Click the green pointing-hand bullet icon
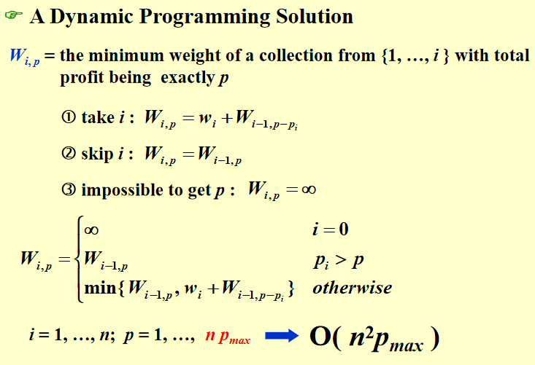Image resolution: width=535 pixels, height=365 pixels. click(x=14, y=15)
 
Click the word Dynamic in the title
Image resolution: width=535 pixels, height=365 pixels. click(x=91, y=17)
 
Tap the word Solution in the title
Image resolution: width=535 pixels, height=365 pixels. click(x=315, y=16)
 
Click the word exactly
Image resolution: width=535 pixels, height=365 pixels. click(x=187, y=78)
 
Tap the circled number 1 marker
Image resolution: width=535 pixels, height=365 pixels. click(x=69, y=117)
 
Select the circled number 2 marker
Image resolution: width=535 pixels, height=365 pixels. click(x=69, y=153)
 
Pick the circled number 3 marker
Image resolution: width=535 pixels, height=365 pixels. click(x=69, y=189)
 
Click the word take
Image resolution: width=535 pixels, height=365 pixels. click(x=98, y=117)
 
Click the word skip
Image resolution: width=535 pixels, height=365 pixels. click(x=97, y=154)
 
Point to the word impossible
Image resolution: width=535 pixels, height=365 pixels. click(x=120, y=190)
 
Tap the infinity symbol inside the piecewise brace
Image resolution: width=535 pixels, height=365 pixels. click(x=91, y=230)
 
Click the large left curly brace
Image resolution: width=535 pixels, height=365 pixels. click(x=79, y=259)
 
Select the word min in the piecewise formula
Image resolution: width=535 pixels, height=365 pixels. click(x=100, y=288)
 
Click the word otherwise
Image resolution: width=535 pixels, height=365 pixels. click(x=353, y=288)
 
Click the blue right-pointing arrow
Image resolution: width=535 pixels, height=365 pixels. click(x=282, y=336)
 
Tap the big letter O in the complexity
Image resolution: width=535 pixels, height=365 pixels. click(x=320, y=337)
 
